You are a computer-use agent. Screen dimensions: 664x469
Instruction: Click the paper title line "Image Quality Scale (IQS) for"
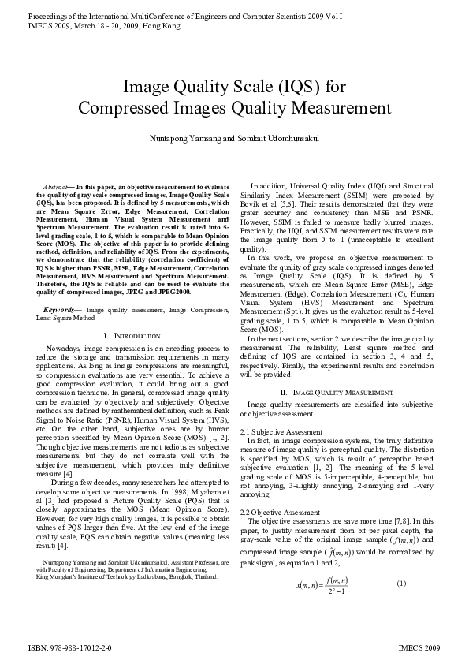pyautogui.click(x=234, y=87)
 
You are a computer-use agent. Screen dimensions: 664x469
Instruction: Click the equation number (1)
pyautogui.click(x=401, y=583)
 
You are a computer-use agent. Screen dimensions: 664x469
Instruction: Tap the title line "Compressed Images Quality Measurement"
pyautogui.click(x=234, y=108)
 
